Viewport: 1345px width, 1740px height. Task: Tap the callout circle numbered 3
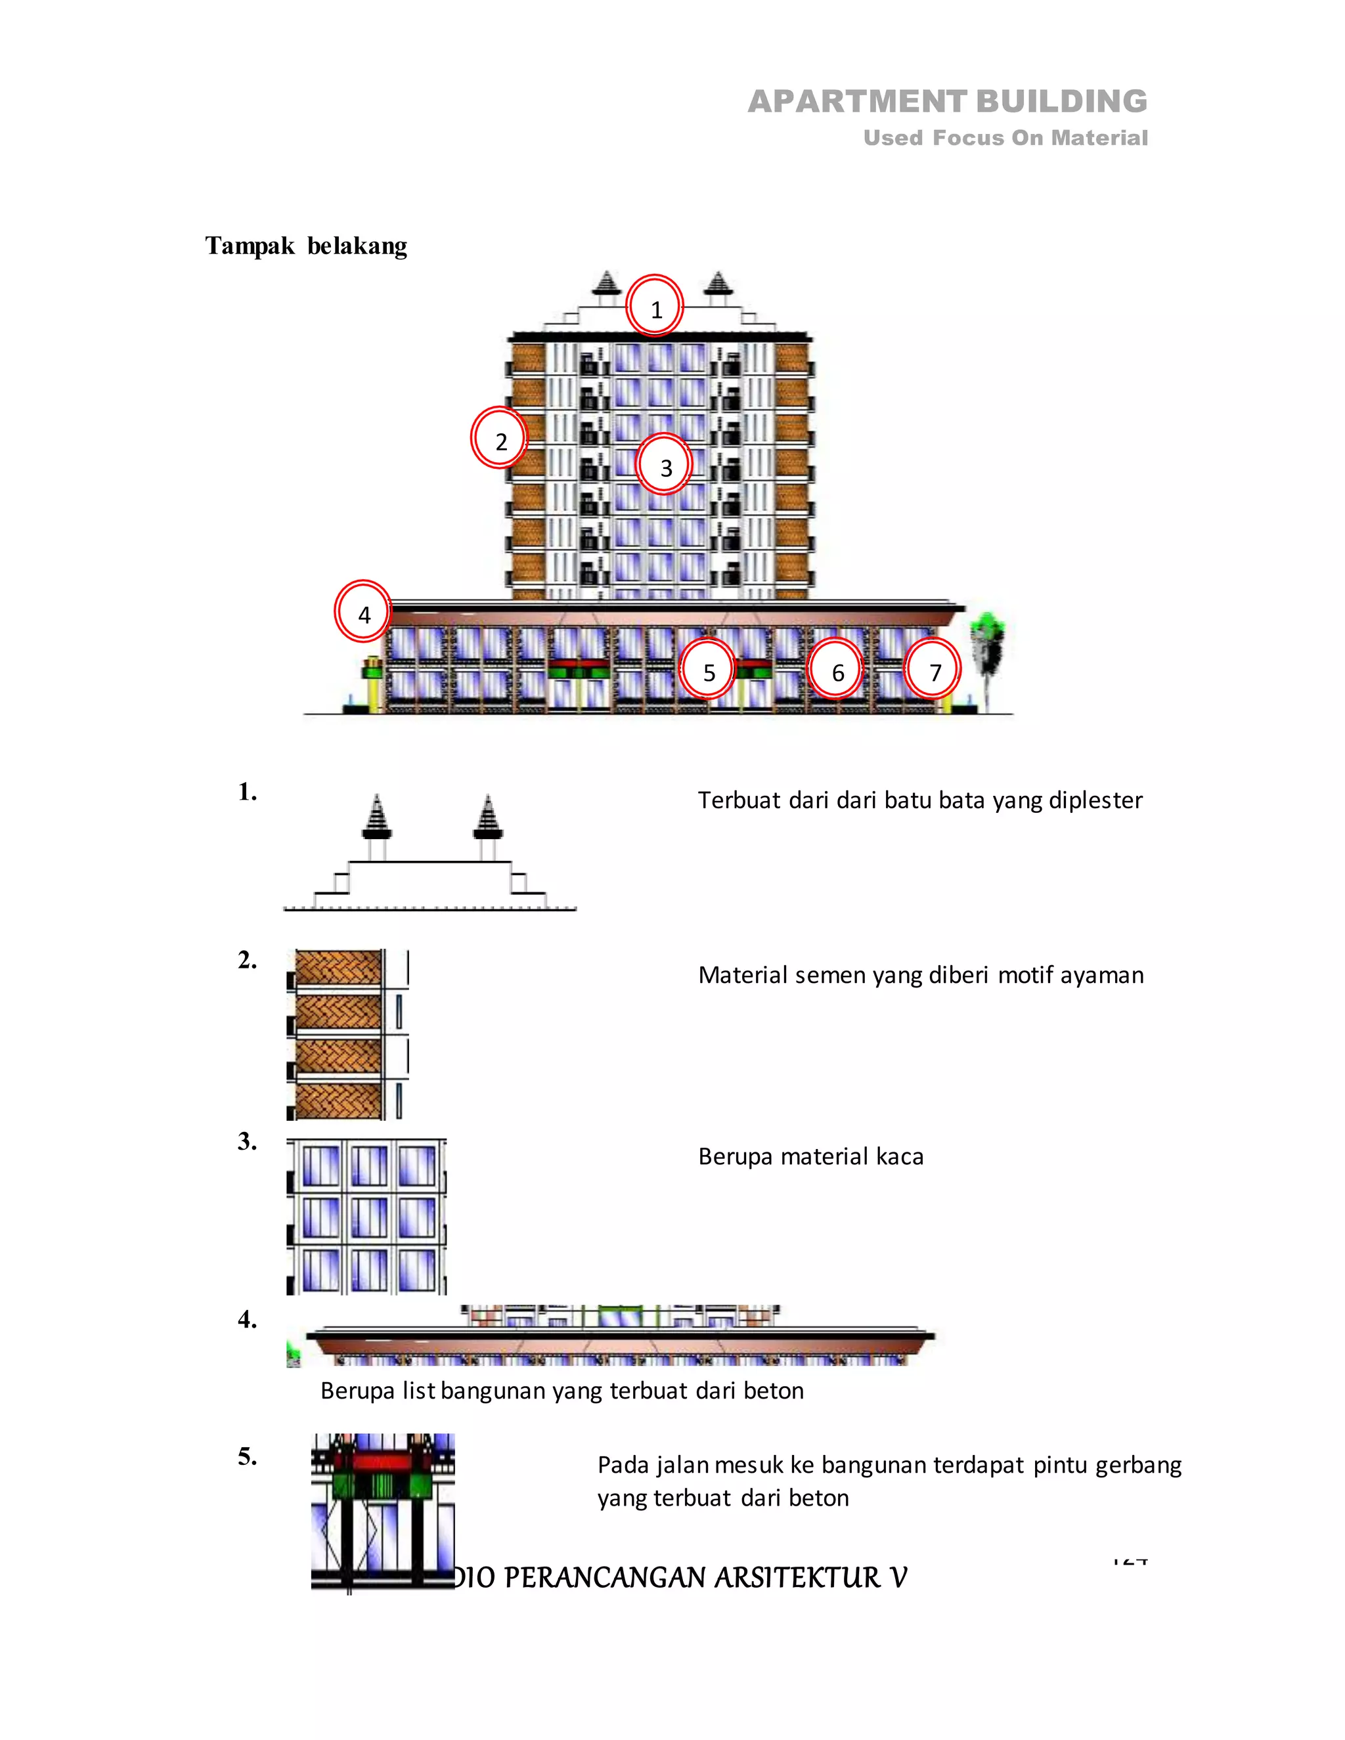[665, 466]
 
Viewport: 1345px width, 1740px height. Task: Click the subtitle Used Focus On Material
[1005, 138]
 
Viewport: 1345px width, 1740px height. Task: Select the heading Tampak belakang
[306, 246]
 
